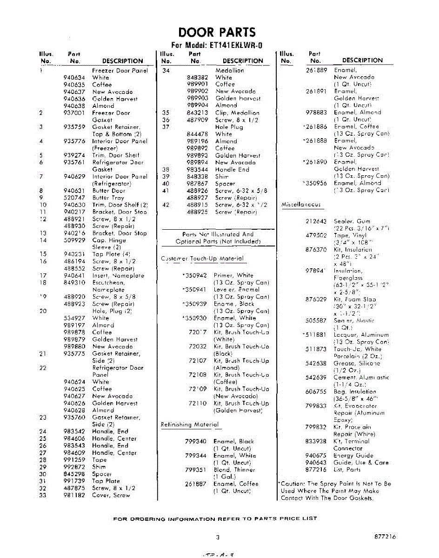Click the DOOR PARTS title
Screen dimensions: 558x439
[x=217, y=33]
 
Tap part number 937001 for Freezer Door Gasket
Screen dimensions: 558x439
[x=74, y=113]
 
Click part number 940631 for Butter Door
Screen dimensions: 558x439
[x=74, y=191]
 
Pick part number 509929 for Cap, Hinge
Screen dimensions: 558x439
[x=74, y=240]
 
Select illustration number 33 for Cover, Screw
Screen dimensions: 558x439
[x=43, y=495]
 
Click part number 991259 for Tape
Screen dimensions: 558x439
[x=74, y=460]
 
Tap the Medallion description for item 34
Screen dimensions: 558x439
[x=229, y=71]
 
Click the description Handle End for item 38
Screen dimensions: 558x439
[x=232, y=170]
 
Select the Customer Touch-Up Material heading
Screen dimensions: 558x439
[x=202, y=259]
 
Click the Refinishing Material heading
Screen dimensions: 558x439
[x=189, y=425]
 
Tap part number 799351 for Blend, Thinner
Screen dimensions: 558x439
[x=195, y=470]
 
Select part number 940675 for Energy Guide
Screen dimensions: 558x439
[x=316, y=456]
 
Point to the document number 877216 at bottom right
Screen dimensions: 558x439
[x=385, y=537]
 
